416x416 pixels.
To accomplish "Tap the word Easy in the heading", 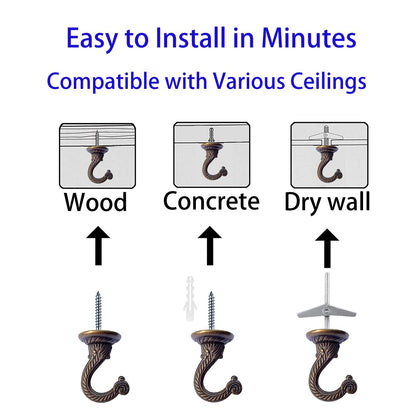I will pyautogui.click(x=96, y=39).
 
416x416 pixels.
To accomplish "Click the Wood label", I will pyautogui.click(x=95, y=203).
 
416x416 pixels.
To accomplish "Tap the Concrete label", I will pyautogui.click(x=211, y=201).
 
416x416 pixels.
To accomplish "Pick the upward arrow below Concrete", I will pyautogui.click(x=211, y=244).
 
